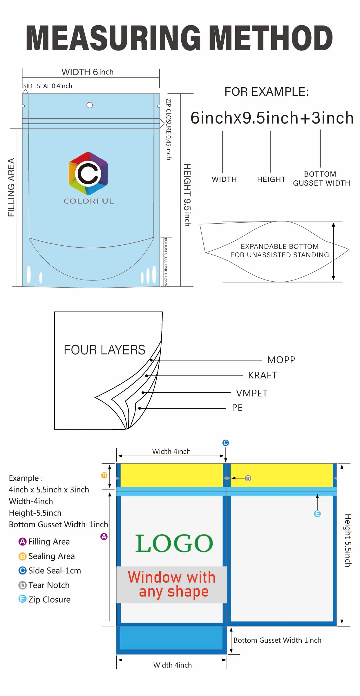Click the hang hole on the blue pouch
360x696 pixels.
tap(90, 105)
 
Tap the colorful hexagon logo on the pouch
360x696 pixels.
tap(88, 173)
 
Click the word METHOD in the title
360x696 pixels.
tap(270, 38)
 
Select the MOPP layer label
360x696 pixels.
tap(281, 360)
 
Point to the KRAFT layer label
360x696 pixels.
tap(262, 375)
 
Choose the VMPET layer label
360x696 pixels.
tap(252, 393)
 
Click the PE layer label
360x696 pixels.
tap(237, 407)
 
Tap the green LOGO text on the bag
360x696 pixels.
tap(174, 543)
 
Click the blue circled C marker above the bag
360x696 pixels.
tap(225, 443)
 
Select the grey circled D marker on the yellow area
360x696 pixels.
tap(248, 478)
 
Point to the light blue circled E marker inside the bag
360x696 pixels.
tap(317, 514)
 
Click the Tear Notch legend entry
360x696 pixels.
tap(49, 585)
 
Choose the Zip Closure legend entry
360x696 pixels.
tap(49, 600)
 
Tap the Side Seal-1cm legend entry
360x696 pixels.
tap(55, 571)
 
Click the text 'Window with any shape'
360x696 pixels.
tap(172, 584)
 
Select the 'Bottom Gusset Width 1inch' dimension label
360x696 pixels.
tap(277, 640)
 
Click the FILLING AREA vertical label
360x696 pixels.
tap(11, 187)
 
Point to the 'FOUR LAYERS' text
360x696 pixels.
tap(104, 350)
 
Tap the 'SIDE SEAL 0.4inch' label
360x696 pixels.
tap(48, 86)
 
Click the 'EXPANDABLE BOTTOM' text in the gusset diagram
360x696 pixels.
tap(279, 246)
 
